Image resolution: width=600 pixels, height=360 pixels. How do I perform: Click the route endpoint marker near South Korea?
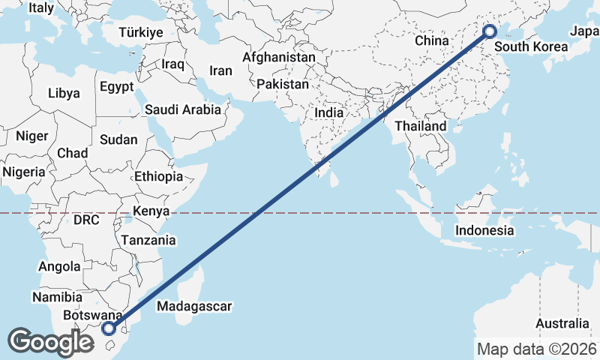[489, 31]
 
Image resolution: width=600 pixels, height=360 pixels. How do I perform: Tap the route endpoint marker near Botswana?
[109, 328]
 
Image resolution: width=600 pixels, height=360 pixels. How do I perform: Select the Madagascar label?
[194, 306]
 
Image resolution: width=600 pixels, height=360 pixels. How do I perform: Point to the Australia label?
[562, 323]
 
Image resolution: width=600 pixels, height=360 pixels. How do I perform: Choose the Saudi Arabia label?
[183, 109]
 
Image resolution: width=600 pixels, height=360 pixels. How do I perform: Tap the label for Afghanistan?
[278, 57]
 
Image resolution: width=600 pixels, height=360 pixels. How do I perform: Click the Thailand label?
[421, 126]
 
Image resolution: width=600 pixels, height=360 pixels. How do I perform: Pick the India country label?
[329, 112]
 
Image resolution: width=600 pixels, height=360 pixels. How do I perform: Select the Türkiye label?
[140, 32]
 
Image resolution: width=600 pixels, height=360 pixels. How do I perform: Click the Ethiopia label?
[158, 176]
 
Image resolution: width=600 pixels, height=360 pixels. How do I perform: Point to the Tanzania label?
[148, 241]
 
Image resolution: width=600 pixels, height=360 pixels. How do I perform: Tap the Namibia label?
[52, 298]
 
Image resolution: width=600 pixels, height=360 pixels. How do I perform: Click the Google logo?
[51, 342]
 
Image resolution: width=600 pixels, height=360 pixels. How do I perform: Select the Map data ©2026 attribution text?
[536, 349]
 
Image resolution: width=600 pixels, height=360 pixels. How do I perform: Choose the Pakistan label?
[282, 85]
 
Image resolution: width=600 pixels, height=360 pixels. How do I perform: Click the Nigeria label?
[23, 171]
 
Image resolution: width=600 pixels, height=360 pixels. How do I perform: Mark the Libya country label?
[63, 94]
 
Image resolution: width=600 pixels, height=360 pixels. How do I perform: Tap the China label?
[431, 40]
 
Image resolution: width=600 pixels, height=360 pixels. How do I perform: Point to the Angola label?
[58, 266]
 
